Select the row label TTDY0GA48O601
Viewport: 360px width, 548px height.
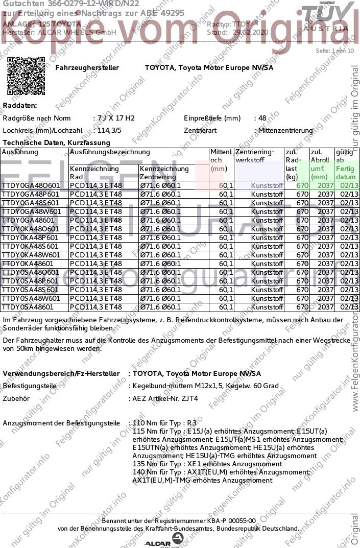point(31,185)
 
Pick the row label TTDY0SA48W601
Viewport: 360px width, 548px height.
point(31,298)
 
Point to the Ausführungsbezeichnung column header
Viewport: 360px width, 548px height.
point(110,152)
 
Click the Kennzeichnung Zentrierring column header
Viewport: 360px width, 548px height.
point(164,173)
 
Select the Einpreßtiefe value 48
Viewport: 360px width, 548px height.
point(262,118)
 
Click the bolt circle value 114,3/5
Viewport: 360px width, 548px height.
point(107,131)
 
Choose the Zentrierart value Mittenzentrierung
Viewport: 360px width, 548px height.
point(285,131)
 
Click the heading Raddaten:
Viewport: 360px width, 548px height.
point(20,106)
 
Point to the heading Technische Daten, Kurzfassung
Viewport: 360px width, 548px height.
point(56,142)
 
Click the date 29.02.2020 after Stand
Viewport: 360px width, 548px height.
point(250,32)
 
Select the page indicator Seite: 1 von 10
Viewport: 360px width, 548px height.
point(334,51)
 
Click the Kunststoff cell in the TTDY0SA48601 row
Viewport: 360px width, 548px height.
point(268,307)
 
